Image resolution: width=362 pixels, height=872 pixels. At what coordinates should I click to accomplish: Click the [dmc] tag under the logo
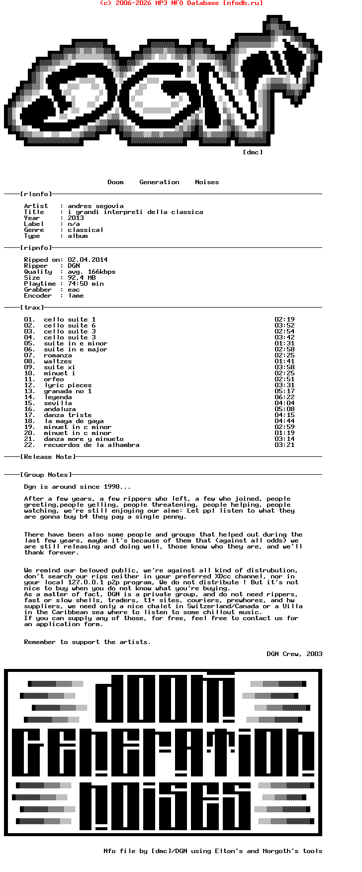tap(253, 152)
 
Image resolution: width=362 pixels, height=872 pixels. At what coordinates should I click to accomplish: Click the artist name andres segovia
tap(95, 206)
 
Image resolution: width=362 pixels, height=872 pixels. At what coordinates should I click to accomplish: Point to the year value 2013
tap(76, 218)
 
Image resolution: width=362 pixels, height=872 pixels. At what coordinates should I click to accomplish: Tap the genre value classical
tap(86, 230)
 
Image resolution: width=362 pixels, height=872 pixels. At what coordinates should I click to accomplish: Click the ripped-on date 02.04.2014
tap(88, 260)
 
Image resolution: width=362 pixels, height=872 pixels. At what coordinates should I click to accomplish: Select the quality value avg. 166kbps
tap(91, 272)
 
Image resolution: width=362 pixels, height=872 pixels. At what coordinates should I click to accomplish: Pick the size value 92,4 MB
tap(82, 278)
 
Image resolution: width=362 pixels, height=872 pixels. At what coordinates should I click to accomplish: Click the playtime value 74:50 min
tap(86, 284)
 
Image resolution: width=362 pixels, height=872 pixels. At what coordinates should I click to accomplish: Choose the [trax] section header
tap(32, 308)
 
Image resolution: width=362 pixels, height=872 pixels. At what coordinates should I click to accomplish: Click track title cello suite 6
tap(70, 326)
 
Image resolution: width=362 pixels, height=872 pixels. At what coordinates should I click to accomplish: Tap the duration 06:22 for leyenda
tap(284, 397)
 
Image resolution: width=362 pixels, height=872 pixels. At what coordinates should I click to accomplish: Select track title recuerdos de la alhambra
tap(91, 445)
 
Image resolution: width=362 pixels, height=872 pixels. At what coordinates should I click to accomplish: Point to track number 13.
tap(29, 391)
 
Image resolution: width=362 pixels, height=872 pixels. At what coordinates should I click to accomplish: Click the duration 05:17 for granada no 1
tap(284, 391)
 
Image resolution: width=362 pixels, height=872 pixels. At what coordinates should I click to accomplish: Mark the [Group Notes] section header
tap(46, 475)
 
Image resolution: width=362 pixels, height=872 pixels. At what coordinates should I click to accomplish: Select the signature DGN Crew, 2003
tap(294, 654)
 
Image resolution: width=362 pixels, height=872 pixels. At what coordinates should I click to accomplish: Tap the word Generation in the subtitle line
tap(159, 182)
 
